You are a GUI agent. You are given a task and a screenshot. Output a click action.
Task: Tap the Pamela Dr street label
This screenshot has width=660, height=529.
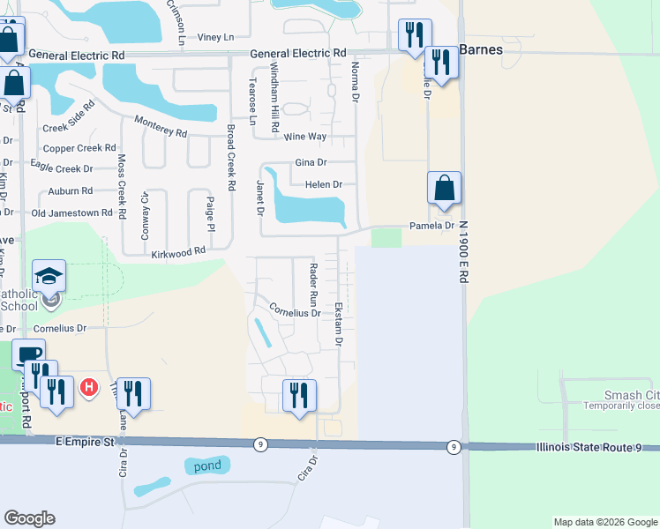tap(431, 226)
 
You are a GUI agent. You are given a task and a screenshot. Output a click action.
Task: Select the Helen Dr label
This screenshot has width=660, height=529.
tap(323, 184)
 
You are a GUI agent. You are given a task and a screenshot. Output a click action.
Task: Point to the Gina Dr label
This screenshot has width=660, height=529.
tap(311, 162)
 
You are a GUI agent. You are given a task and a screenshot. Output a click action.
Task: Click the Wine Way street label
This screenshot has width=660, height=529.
tap(305, 137)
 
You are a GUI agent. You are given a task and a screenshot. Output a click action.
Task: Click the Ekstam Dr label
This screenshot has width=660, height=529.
tap(338, 324)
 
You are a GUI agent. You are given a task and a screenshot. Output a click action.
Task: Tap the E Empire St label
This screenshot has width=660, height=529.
tap(85, 441)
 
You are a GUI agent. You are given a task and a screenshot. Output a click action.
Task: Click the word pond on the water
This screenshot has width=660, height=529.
tap(207, 464)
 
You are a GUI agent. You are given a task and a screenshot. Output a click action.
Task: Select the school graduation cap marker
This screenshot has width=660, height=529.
tap(49, 276)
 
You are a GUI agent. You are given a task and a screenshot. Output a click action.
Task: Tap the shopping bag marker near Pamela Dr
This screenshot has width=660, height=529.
tap(444, 189)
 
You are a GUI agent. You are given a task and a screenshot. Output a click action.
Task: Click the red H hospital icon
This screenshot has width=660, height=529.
tap(88, 387)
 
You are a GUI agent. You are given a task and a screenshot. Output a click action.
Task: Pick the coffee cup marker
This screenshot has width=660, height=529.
tap(28, 354)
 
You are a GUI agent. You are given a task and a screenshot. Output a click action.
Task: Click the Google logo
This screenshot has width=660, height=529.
tap(29, 518)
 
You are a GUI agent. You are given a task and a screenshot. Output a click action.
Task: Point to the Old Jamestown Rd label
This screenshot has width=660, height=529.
tap(71, 213)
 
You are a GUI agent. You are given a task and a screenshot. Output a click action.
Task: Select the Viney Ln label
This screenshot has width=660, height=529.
tap(215, 37)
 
